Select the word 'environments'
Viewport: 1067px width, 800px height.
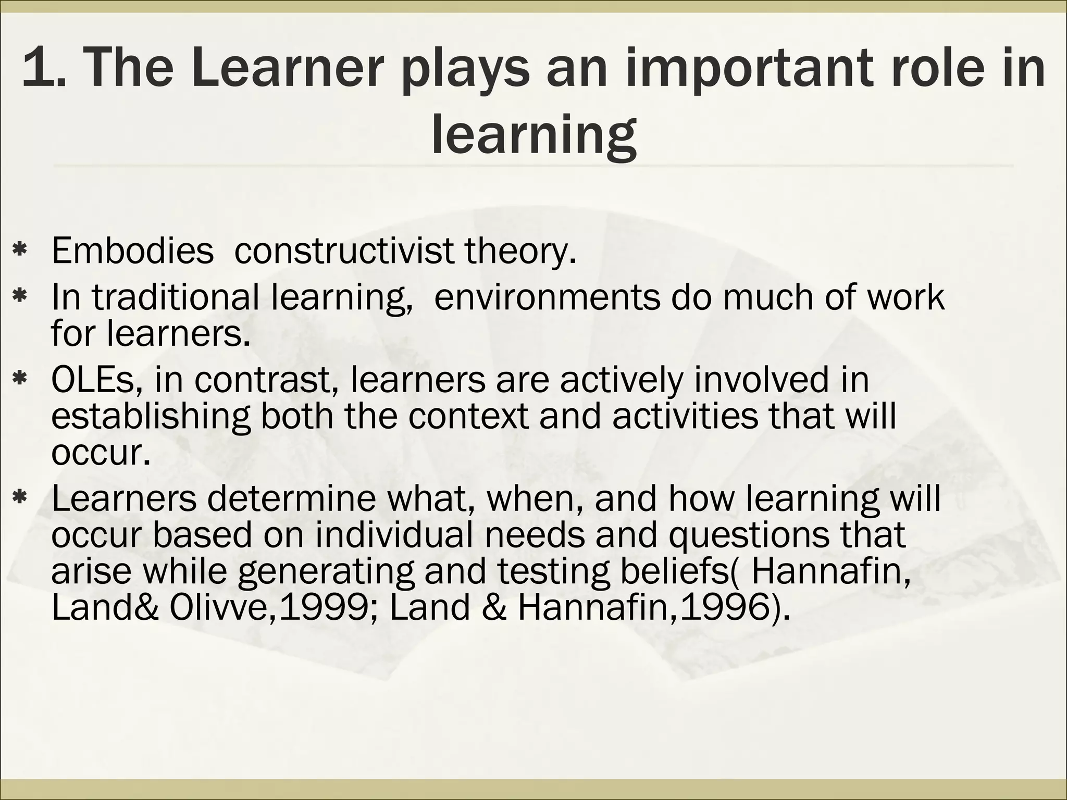click(547, 297)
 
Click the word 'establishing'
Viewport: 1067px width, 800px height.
click(151, 416)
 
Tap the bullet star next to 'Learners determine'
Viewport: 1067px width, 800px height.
click(20, 498)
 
